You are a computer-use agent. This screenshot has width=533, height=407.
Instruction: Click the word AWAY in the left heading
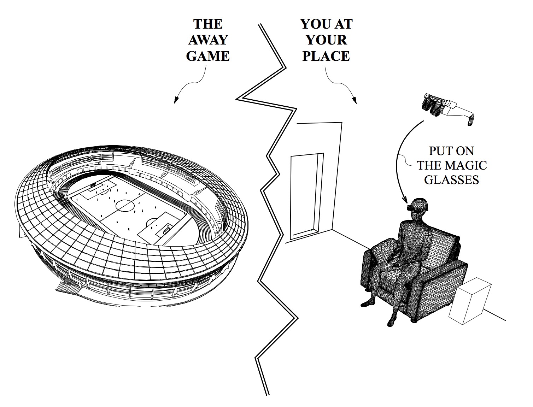click(208, 40)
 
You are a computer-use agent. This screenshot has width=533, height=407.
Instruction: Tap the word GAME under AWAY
click(208, 56)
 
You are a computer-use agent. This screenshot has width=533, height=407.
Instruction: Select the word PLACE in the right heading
click(326, 56)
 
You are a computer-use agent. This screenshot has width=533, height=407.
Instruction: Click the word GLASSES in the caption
click(451, 180)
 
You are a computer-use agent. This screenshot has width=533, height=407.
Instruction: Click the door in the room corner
click(306, 194)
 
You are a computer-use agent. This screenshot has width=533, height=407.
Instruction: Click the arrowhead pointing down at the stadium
click(175, 101)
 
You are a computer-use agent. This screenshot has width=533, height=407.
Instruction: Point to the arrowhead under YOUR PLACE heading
click(355, 101)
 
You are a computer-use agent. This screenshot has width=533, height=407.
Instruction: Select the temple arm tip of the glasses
click(470, 122)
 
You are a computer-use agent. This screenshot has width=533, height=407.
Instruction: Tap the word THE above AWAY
click(208, 24)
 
